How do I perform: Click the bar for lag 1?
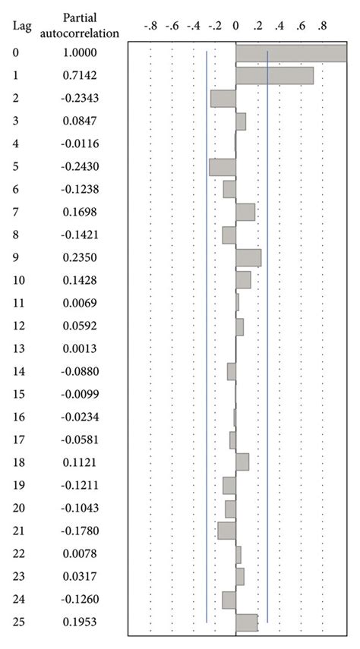(274, 76)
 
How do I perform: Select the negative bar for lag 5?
(223, 167)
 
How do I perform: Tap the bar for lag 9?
(248, 258)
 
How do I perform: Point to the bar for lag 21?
(226, 530)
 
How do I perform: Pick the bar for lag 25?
(247, 622)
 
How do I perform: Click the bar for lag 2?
(223, 99)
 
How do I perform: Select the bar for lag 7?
(245, 212)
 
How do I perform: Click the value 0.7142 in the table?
(80, 76)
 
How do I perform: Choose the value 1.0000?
(80, 53)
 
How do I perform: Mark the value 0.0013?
(80, 348)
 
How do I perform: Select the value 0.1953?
(80, 622)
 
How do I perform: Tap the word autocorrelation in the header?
(80, 34)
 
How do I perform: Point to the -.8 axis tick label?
(150, 27)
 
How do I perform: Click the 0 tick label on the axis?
(235, 27)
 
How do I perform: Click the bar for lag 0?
(292, 53)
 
